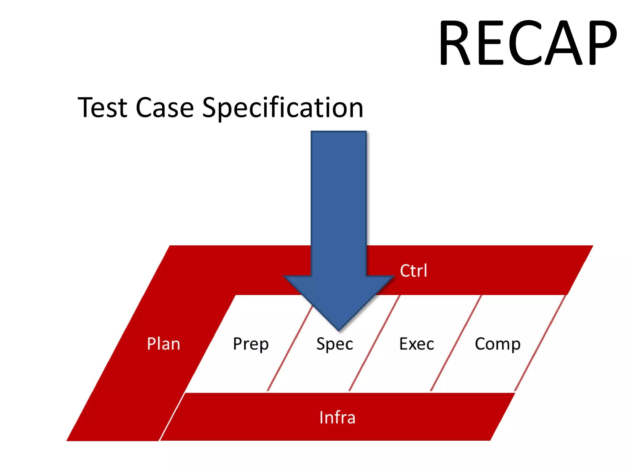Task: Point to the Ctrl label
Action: [413, 271]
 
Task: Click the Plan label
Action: [163, 344]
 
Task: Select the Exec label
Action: [417, 344]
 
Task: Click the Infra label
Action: [337, 417]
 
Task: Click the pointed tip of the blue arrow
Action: [339, 329]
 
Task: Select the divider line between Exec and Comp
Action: [456, 343]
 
